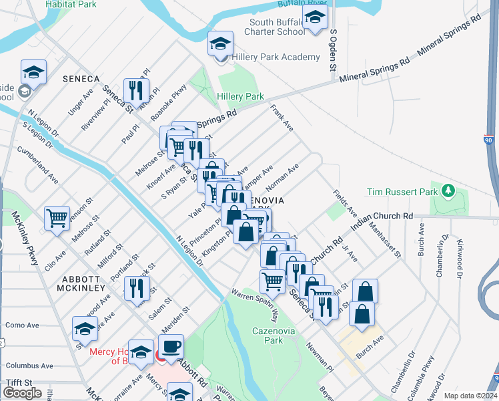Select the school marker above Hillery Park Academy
click(x=219, y=45)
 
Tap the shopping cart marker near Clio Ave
click(x=57, y=218)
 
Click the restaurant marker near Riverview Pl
click(x=136, y=90)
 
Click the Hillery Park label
click(x=241, y=97)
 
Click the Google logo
click(x=22, y=393)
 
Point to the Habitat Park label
click(x=71, y=5)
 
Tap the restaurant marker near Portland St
click(x=136, y=288)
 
